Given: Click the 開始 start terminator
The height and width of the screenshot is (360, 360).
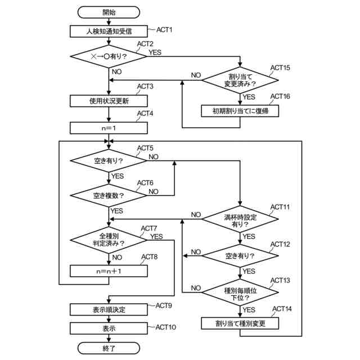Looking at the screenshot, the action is (109, 12).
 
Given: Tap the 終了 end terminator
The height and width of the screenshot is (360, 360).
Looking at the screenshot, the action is (109, 348).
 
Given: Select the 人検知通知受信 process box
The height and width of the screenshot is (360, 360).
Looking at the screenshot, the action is (109, 31).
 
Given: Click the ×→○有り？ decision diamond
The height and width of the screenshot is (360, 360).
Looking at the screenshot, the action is (109, 56).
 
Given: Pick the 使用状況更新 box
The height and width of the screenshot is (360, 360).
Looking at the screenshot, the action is (109, 101).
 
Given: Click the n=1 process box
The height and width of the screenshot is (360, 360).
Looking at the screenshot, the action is (109, 128).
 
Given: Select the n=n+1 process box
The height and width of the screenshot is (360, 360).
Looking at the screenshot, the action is (109, 271).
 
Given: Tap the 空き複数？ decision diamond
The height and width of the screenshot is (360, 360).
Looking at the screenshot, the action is (109, 195).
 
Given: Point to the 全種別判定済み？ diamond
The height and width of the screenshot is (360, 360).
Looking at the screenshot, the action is (109, 240).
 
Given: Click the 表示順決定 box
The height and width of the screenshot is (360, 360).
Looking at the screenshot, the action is (109, 309).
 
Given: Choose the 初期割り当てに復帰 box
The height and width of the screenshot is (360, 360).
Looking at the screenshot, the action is (240, 111).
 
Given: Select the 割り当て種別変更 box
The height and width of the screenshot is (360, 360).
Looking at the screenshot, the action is (240, 323).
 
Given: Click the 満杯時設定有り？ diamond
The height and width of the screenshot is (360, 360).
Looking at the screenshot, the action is (240, 219).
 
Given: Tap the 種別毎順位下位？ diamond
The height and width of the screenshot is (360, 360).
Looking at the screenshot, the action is (240, 292).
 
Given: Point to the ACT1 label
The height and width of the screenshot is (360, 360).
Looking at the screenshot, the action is (164, 30).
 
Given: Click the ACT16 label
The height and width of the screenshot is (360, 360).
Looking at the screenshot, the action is (280, 96).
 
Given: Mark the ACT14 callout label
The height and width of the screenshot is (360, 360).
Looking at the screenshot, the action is (282, 309).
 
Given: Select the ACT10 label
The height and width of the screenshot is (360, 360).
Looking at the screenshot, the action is (166, 327).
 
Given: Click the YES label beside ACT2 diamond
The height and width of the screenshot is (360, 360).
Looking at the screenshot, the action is (155, 52).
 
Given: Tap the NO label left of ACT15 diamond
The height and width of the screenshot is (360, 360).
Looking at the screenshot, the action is (196, 75).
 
